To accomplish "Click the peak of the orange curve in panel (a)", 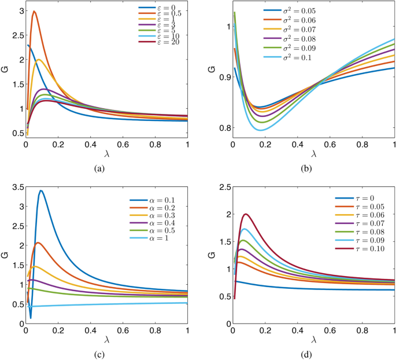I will (x=34, y=12).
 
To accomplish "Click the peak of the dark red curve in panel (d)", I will (x=246, y=214).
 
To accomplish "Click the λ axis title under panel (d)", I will (x=312, y=337).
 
